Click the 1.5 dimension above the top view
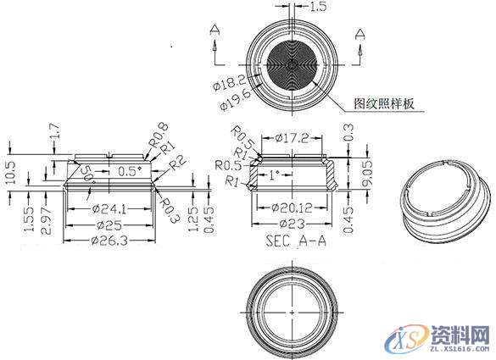pos(317,7)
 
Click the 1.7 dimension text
pos(55,132)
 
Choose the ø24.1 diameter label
pos(109,208)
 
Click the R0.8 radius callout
pos(156,136)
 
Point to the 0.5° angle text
pos(130,171)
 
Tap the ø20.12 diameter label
pos(291,208)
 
